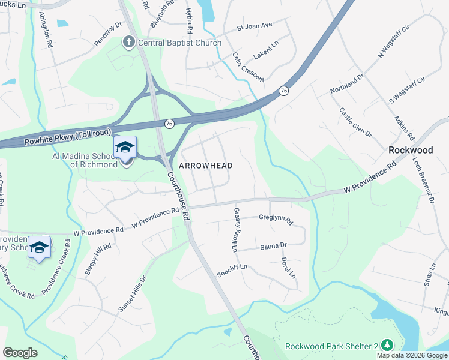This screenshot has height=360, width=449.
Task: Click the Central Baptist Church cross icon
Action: tap(128, 43)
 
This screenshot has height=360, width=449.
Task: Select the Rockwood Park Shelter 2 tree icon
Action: tap(387, 345)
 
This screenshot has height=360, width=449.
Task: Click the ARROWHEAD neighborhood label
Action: tap(206, 165)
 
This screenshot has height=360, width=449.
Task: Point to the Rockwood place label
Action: tap(411, 150)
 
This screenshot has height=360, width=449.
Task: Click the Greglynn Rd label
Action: tap(275, 220)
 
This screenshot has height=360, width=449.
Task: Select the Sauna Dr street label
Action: tap(273, 246)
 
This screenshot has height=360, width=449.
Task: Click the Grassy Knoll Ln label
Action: tap(235, 230)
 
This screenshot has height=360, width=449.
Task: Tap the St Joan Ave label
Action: tap(255, 26)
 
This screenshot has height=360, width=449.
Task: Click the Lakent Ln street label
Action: tap(267, 53)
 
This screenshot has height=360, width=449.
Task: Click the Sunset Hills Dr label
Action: tap(132, 294)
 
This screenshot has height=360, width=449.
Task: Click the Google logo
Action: tap(20, 353)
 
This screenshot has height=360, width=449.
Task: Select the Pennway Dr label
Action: tap(108, 34)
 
